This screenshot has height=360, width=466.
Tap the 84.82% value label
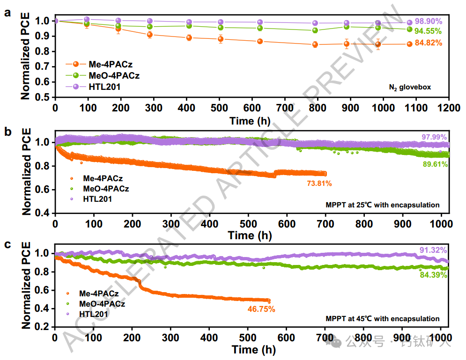click(x=429, y=44)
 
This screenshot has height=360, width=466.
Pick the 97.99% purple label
click(x=433, y=136)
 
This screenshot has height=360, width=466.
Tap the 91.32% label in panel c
click(x=433, y=250)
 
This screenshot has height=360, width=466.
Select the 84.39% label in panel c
click(x=433, y=275)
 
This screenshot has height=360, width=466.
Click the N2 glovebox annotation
click(x=410, y=87)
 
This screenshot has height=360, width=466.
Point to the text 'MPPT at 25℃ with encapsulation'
click(x=382, y=205)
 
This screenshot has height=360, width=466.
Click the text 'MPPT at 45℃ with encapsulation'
click(x=382, y=319)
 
